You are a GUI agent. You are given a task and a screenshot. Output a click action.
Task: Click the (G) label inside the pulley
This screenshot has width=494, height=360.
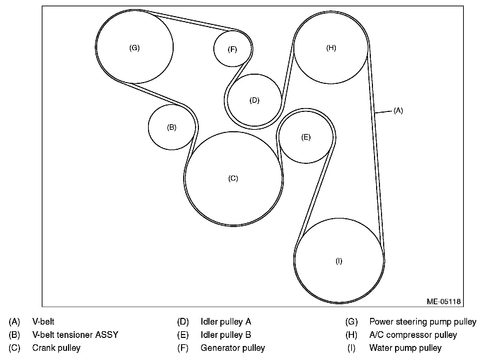pyautogui.click(x=134, y=48)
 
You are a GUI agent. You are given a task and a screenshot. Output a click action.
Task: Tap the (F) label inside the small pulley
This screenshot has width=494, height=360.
pyautogui.click(x=232, y=49)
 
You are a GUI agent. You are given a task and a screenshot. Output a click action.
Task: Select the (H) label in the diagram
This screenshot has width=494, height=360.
pyautogui.click(x=331, y=48)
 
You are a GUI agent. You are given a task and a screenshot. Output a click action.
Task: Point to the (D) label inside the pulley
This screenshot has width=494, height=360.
pyautogui.click(x=254, y=100)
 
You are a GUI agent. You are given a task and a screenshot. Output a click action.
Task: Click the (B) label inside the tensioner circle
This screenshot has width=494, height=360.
pyautogui.click(x=172, y=127)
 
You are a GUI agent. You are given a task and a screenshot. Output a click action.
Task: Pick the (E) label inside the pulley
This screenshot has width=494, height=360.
pyautogui.click(x=306, y=137)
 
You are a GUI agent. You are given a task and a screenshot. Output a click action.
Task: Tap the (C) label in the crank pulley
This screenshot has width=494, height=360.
pyautogui.click(x=233, y=178)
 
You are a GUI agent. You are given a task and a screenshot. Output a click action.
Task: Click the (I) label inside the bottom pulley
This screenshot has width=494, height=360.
pyautogui.click(x=339, y=261)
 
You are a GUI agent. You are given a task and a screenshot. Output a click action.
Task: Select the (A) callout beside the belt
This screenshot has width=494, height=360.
pyautogui.click(x=398, y=111)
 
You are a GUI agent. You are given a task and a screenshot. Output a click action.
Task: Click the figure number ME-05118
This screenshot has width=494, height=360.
pyautogui.click(x=443, y=301)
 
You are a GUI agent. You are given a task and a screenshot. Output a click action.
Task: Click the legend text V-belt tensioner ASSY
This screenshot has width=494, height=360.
pyautogui.click(x=75, y=335)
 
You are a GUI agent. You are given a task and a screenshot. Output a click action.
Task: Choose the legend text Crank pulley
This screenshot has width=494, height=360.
pyautogui.click(x=56, y=348)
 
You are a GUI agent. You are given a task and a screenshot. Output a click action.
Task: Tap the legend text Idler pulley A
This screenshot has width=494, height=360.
pyautogui.click(x=226, y=321)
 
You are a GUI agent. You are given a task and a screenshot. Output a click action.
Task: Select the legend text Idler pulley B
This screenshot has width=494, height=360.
pyautogui.click(x=226, y=335)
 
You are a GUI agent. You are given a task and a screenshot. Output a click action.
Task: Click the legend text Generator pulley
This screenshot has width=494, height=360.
pyautogui.click(x=233, y=348)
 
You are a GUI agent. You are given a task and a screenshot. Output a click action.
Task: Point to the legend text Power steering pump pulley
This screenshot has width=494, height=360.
pyautogui.click(x=423, y=321)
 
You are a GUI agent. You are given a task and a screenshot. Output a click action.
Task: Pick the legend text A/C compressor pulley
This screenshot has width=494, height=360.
pyautogui.click(x=413, y=335)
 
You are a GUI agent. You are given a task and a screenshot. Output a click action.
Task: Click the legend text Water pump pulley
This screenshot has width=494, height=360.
pyautogui.click(x=405, y=348)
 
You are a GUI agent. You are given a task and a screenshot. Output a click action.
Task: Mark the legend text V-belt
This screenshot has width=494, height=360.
pyautogui.click(x=43, y=321)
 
